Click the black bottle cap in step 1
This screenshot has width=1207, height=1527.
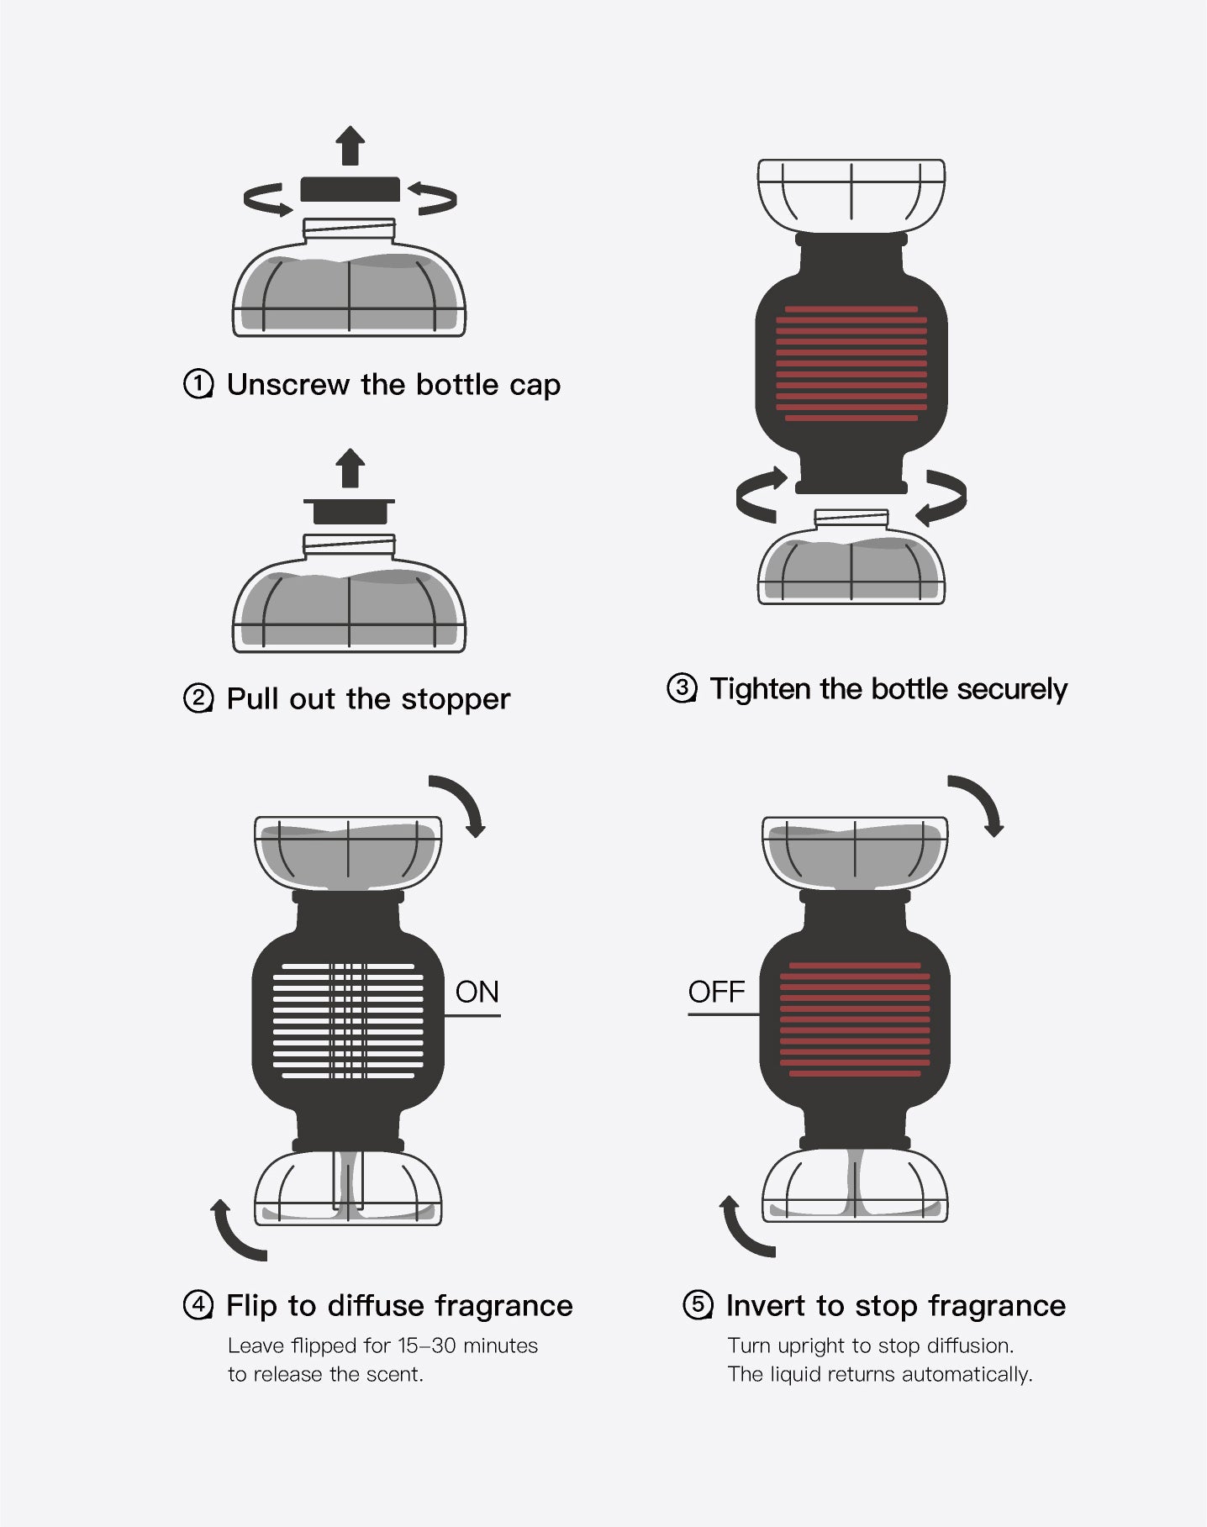(351, 189)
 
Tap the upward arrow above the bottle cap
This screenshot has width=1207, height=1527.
(351, 145)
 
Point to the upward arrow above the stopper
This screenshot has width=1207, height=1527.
(350, 468)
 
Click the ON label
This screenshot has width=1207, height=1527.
(477, 993)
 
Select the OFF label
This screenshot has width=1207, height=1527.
(716, 993)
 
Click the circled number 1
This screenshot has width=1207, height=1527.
(198, 385)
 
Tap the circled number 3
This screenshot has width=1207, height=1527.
(682, 689)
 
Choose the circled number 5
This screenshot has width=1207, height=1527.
(698, 1306)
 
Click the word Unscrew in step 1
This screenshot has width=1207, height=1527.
(288, 385)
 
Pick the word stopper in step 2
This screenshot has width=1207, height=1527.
(456, 700)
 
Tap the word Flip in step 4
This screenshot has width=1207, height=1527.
(251, 1306)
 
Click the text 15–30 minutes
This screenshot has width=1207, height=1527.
(468, 1346)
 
